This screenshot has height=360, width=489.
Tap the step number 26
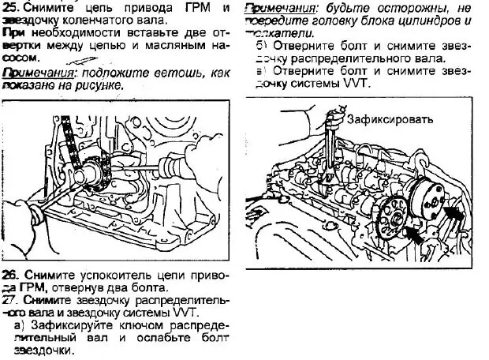pyautogui.click(x=10, y=276)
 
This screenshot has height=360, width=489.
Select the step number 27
pyautogui.click(x=10, y=301)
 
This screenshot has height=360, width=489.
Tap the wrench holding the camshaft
pyautogui.click(x=334, y=150)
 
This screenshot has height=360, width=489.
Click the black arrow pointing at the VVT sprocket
pyautogui.click(x=452, y=213)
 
